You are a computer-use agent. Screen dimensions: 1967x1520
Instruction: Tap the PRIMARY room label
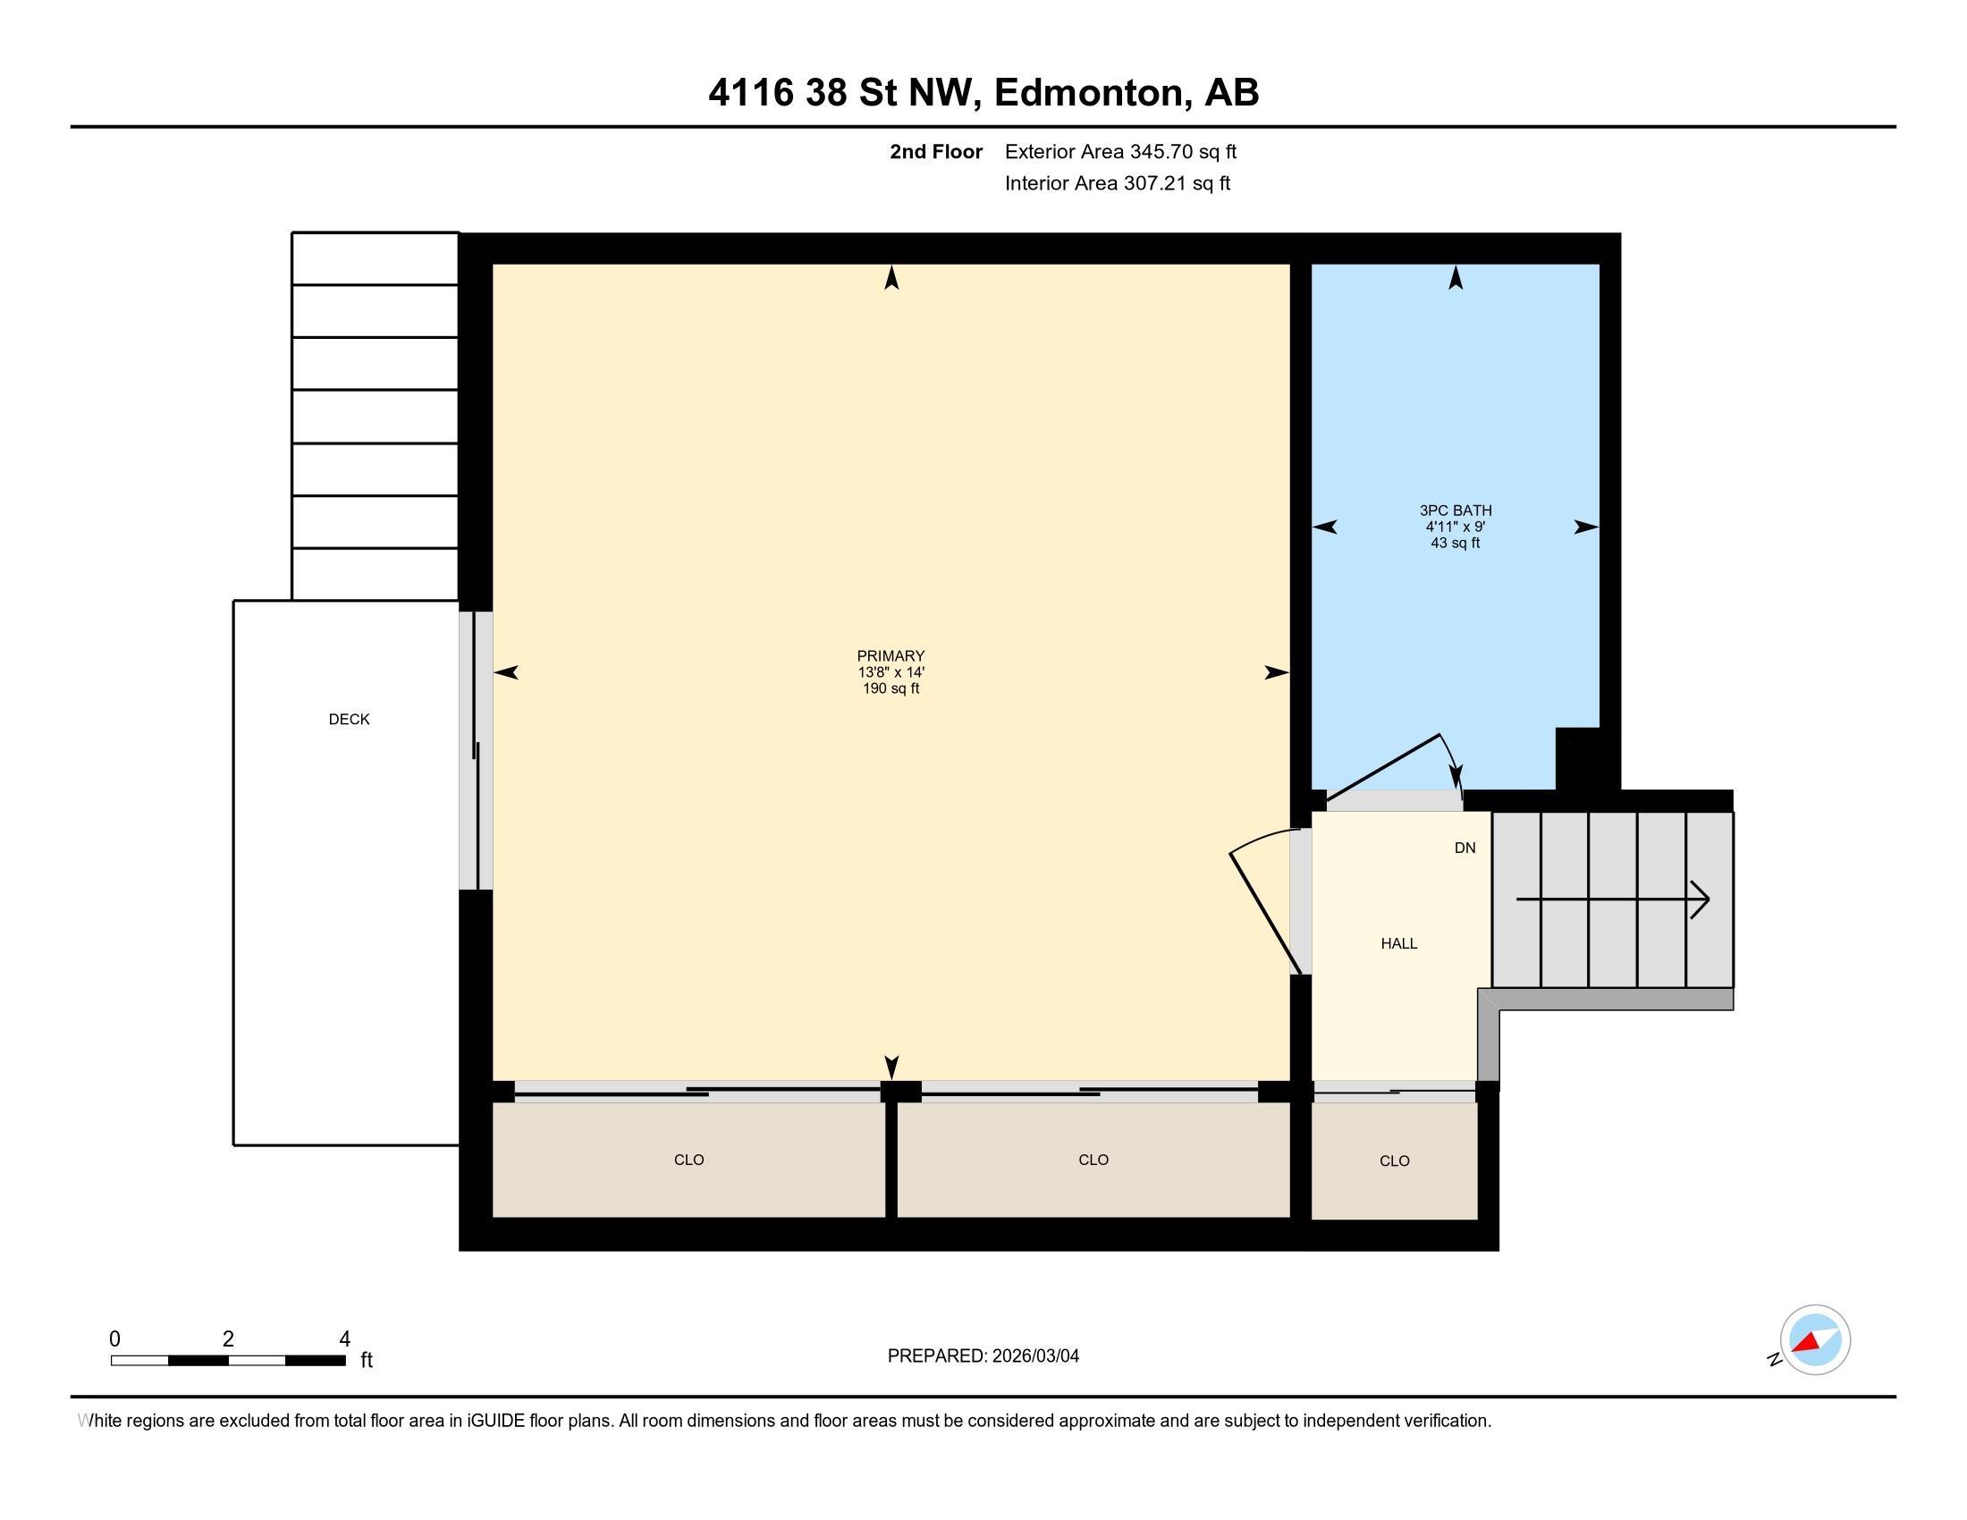(891, 655)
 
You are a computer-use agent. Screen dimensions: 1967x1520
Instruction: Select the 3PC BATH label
(1456, 511)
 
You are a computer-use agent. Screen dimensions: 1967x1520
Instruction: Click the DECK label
(350, 720)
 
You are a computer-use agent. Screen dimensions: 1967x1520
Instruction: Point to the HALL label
(1399, 943)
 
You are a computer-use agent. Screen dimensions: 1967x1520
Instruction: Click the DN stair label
(1465, 848)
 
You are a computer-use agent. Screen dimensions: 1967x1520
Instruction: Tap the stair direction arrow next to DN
(1613, 899)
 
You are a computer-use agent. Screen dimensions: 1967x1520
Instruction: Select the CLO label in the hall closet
(1394, 1161)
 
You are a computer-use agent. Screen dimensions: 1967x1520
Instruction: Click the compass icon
(1815, 1340)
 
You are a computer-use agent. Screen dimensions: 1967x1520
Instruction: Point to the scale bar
(228, 1361)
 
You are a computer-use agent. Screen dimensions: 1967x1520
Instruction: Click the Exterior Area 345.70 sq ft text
(1120, 152)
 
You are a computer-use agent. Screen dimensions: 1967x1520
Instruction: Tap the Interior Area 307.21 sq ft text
(1118, 183)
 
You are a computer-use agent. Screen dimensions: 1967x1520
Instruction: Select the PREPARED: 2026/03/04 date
(983, 1355)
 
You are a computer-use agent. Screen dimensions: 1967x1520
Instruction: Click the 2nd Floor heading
(936, 152)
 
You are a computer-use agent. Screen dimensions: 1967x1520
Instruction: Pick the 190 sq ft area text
(891, 688)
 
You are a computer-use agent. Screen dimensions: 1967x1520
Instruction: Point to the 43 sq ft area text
(1456, 543)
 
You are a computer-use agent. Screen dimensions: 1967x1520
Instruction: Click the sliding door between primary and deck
(476, 751)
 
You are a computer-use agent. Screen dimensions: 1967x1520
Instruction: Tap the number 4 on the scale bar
(344, 1339)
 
